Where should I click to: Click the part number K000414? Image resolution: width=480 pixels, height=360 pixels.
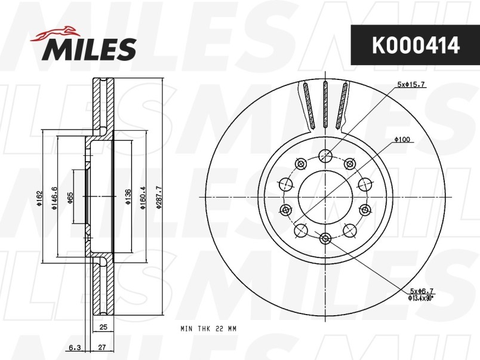[416, 45]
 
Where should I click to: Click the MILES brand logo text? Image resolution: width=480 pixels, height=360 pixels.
[90, 50]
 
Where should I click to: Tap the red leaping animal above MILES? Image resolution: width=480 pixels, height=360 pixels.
[54, 33]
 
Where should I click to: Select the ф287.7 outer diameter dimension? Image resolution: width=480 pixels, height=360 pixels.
[159, 197]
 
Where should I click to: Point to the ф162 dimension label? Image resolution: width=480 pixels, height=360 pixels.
[39, 198]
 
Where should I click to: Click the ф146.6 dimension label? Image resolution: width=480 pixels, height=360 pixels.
[54, 198]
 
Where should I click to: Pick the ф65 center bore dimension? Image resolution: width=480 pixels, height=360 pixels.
[70, 198]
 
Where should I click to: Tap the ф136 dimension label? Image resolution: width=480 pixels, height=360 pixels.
[128, 197]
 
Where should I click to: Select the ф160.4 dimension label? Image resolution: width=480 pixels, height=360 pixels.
[143, 198]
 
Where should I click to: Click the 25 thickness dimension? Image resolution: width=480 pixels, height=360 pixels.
[103, 327]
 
